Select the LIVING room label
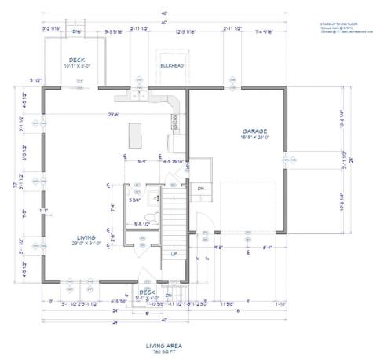pos(86,237)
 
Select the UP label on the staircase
pos(174,254)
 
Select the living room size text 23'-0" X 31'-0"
pos(86,244)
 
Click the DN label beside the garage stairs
pos(200,189)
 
